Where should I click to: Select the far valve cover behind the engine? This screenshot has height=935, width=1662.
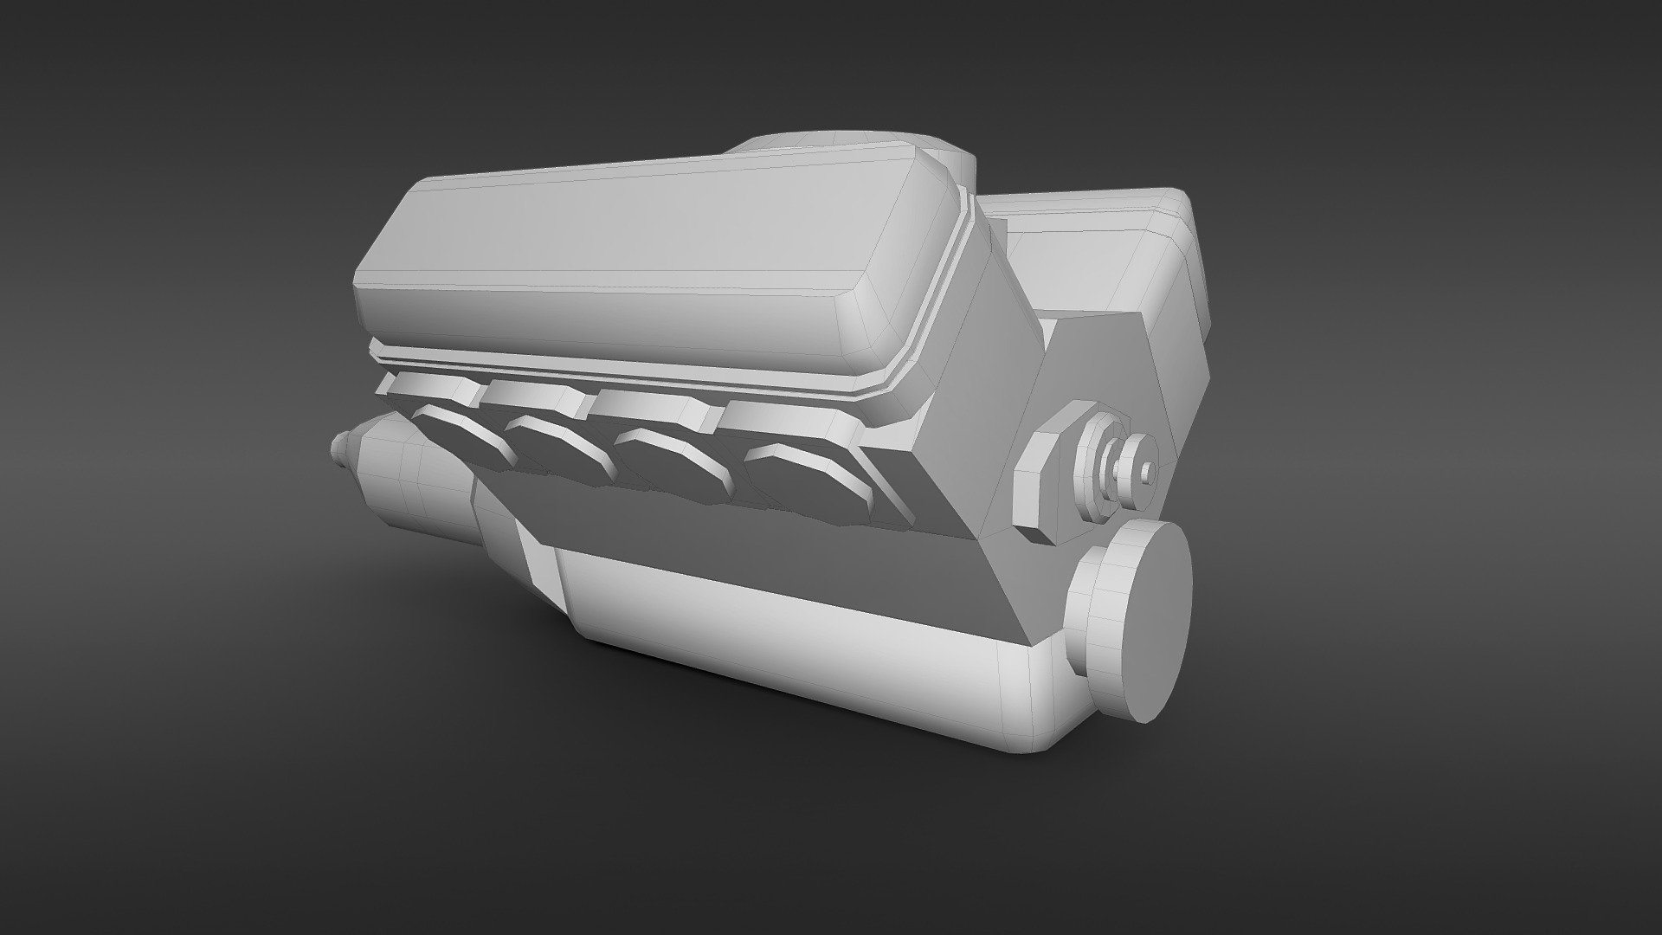pos(1099,251)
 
